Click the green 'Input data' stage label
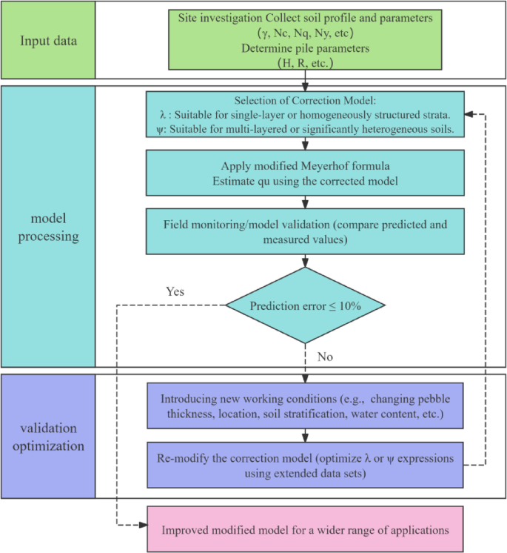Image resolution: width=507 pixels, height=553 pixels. [48, 40]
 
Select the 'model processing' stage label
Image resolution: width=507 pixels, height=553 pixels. [48, 228]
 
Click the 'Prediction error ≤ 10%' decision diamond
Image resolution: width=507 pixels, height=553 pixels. [305, 305]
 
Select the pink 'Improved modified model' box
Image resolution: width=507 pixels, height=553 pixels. [304, 529]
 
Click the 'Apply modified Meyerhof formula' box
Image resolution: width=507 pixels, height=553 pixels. [304, 173]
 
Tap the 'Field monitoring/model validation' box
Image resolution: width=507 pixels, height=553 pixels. [304, 231]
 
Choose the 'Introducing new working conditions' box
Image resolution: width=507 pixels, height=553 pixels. [304, 405]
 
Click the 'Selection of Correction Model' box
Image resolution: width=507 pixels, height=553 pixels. [304, 115]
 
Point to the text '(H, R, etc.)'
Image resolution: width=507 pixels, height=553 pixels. [304, 64]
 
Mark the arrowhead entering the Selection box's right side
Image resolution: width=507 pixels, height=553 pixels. [469, 115]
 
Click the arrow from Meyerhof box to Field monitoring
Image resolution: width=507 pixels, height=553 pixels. [304, 202]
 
